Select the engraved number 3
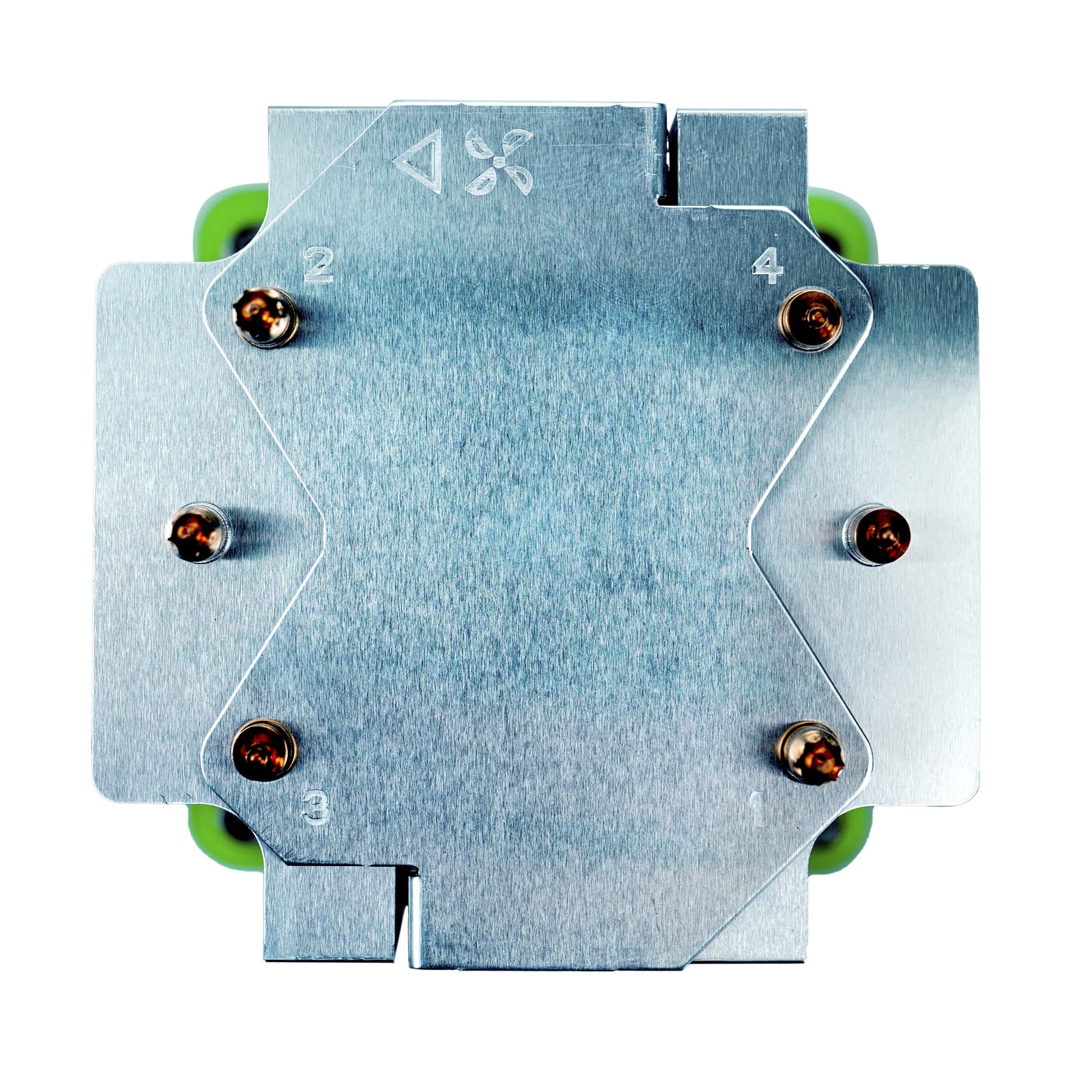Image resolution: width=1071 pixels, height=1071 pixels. click(315, 807)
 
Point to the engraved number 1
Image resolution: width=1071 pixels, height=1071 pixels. click(757, 809)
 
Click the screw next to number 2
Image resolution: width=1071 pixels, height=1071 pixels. click(265, 317)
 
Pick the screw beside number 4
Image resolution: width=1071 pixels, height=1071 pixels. click(811, 319)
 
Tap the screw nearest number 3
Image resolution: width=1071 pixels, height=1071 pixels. click(264, 750)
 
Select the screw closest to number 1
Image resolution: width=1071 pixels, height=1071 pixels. click(811, 752)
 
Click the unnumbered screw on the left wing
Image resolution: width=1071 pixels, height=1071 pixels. click(198, 532)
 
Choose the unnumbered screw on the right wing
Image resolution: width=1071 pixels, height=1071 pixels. click(876, 533)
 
